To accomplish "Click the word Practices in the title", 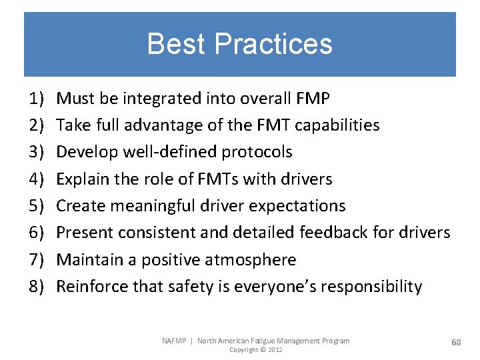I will (x=274, y=44).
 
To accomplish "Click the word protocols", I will (x=257, y=153).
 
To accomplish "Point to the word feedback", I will (x=333, y=233).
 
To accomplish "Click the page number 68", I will (x=456, y=342).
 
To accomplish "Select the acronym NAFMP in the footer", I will (x=175, y=341).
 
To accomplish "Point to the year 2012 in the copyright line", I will (x=274, y=350).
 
